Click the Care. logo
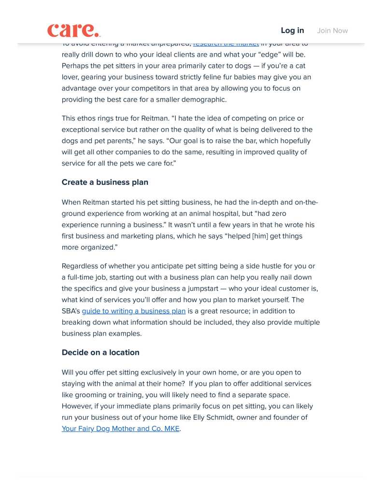[74, 30]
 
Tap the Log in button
[292, 30]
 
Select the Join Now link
[332, 30]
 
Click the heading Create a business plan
[105, 182]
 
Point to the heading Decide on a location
[100, 352]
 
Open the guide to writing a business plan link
[134, 311]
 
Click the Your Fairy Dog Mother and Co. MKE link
[120, 429]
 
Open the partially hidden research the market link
[226, 44]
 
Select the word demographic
[201, 100]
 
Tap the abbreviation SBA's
[71, 311]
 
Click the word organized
[98, 247]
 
